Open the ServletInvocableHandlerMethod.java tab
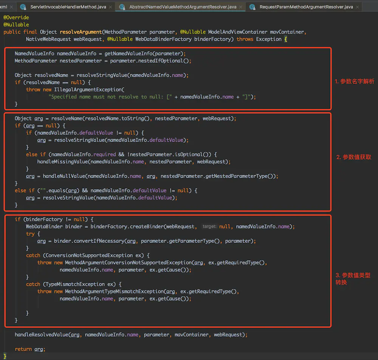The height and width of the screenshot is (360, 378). coord(68,7)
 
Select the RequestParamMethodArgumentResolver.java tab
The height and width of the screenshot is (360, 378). coord(306,7)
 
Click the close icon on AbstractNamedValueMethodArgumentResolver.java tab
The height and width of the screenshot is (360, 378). coord(240,7)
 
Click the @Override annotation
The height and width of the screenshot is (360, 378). coord(16,17)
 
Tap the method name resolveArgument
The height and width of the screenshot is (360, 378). coord(81,32)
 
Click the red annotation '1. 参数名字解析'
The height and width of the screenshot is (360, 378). coord(355,82)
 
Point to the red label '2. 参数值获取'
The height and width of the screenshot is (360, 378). coord(354,157)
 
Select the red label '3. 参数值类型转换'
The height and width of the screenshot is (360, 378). coord(353,278)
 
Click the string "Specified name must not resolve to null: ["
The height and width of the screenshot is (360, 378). coord(110,97)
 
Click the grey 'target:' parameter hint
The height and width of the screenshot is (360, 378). coord(209,227)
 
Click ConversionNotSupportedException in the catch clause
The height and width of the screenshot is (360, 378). coord(89,255)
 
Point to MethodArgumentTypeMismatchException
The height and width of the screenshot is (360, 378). coord(115,292)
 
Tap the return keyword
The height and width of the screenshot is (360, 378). coord(23,349)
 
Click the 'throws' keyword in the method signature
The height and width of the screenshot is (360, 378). coord(245,39)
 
